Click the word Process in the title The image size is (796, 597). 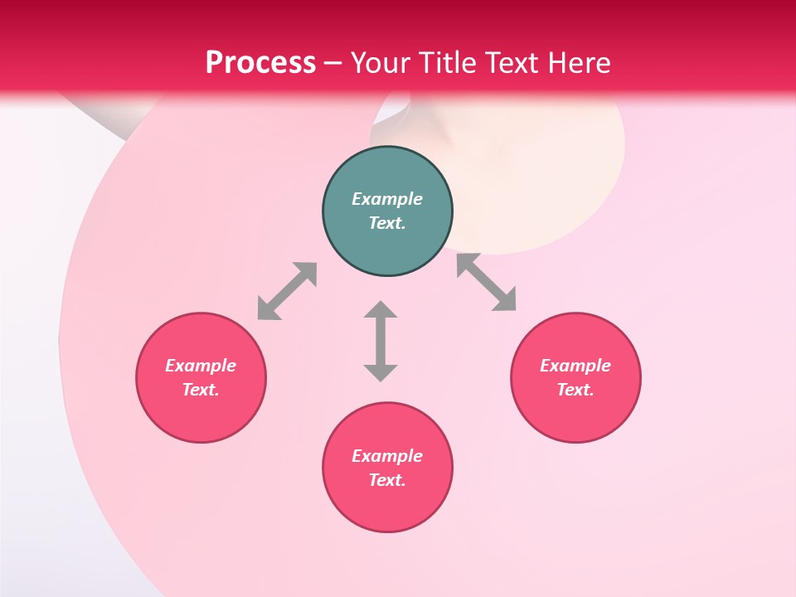[260, 63]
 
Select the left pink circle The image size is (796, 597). [201, 415]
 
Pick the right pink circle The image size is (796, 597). [575, 415]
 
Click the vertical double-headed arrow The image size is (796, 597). [381, 341]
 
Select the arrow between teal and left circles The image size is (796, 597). [287, 291]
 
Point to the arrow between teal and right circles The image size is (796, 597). [487, 282]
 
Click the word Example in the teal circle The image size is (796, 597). [387, 199]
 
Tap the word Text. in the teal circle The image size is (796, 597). [387, 223]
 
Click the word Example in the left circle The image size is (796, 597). [201, 366]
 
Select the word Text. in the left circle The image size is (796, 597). [201, 390]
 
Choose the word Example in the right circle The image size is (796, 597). [575, 366]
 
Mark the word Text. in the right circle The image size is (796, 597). [575, 390]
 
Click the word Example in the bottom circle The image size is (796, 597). [387, 456]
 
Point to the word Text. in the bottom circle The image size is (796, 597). [387, 480]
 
